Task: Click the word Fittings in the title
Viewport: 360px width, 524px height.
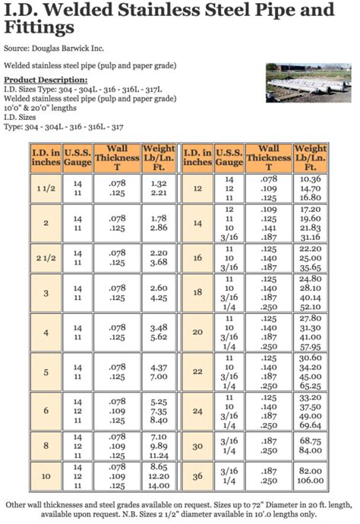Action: [x=39, y=28]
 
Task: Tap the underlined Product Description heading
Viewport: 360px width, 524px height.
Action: [x=46, y=80]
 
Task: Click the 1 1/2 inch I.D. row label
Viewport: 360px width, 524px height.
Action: [x=46, y=188]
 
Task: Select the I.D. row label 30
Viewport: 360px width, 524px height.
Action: [x=197, y=446]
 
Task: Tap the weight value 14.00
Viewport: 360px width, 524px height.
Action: [x=159, y=485]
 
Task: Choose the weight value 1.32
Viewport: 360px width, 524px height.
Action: [x=159, y=183]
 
